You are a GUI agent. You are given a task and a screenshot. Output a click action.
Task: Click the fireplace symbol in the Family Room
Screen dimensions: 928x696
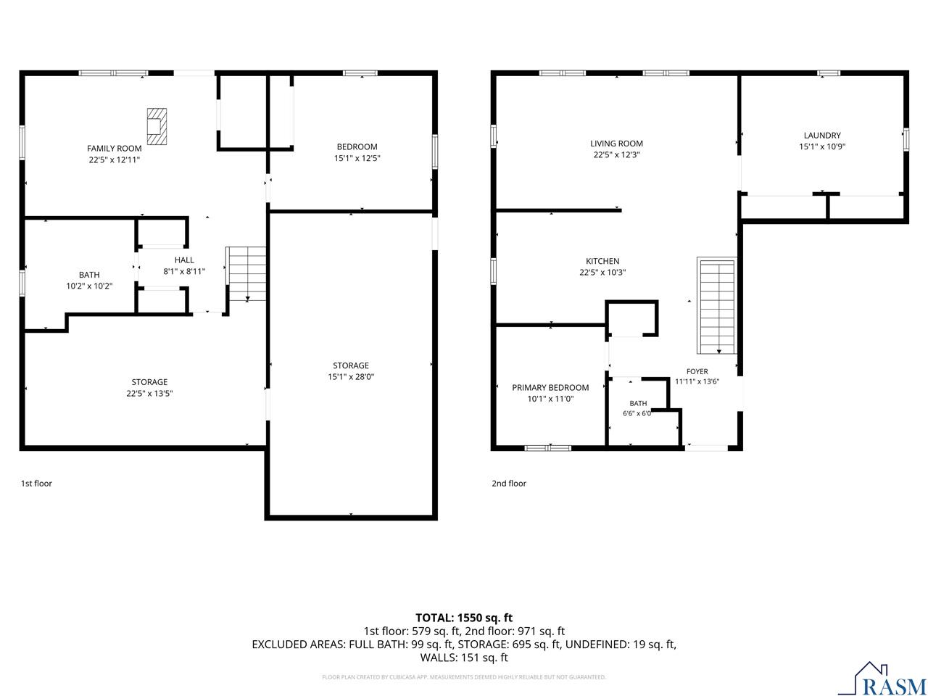tap(157, 126)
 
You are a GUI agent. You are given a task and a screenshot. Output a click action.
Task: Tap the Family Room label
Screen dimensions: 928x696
tap(114, 149)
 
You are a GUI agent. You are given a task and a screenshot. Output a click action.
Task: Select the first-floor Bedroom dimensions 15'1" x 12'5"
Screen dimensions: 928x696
tap(357, 158)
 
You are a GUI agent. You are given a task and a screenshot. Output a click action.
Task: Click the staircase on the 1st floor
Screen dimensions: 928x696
tap(247, 273)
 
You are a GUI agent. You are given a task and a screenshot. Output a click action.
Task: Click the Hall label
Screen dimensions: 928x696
tap(184, 260)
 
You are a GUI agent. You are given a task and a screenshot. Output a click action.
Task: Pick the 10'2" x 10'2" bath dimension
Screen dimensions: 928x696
tap(89, 286)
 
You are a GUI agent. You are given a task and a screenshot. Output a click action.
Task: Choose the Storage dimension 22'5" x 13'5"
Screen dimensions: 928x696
tap(149, 394)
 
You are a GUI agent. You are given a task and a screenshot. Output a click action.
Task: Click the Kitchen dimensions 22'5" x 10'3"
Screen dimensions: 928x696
tap(602, 273)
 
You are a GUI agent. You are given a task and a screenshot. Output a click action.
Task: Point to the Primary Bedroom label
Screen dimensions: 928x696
tap(550, 387)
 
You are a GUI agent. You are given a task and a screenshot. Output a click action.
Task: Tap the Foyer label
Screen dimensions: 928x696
tap(697, 371)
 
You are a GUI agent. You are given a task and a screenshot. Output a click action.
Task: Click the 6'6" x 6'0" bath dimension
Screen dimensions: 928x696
tap(637, 413)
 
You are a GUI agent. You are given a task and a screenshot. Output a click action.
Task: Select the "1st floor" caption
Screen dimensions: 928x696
tap(36, 484)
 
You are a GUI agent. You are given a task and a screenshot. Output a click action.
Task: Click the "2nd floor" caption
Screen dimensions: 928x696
tap(509, 484)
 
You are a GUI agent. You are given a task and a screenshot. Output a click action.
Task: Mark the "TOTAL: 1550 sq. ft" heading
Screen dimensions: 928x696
tap(464, 618)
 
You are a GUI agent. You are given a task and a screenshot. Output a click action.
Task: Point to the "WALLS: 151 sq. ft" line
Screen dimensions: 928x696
tap(464, 658)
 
